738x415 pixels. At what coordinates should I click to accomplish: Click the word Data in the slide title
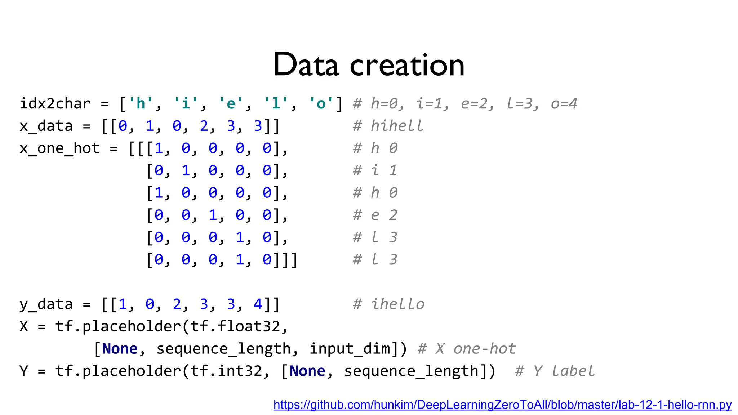point(306,65)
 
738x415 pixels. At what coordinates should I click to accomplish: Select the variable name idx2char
point(55,104)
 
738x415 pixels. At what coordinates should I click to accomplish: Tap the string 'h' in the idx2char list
point(141,104)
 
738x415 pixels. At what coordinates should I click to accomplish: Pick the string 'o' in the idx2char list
point(321,104)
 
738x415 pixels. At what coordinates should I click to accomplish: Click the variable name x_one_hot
point(59,148)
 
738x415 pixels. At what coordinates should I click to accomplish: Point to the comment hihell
point(397,126)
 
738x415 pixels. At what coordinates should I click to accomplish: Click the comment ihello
point(398,304)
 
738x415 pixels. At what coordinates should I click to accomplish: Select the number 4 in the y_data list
point(258,304)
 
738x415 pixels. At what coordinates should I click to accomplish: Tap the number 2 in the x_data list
point(204,126)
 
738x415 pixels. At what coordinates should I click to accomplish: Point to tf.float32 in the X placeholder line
point(235,326)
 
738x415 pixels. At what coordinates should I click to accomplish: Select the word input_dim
point(350,349)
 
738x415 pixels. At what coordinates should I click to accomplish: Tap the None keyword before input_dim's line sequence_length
point(120,349)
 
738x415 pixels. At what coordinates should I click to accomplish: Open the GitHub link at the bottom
point(502,405)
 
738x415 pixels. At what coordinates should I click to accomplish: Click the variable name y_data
point(46,304)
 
